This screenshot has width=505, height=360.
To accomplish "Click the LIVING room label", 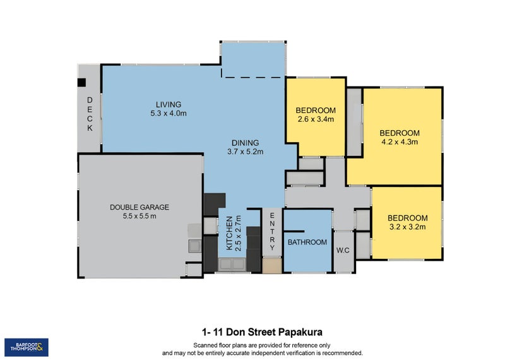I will pyautogui.click(x=169, y=104).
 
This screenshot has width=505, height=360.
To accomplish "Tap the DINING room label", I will pyautogui.click(x=245, y=142).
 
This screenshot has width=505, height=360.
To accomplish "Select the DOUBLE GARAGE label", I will pyautogui.click(x=139, y=207).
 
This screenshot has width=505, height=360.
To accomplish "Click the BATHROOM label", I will pyautogui.click(x=307, y=242).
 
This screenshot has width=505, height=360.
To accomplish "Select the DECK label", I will pyautogui.click(x=90, y=114).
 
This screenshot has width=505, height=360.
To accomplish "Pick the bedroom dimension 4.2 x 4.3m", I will pyautogui.click(x=399, y=141).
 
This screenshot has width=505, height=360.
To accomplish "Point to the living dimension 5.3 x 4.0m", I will pyautogui.click(x=169, y=113).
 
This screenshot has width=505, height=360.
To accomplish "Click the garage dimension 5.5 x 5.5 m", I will pyautogui.click(x=140, y=216).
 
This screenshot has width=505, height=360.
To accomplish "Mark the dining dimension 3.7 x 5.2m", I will pyautogui.click(x=245, y=151).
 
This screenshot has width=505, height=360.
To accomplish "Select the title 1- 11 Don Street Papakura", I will pyautogui.click(x=263, y=332).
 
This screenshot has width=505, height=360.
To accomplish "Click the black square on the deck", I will pyautogui.click(x=81, y=81).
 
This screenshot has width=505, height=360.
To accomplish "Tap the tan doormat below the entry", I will pyautogui.click(x=272, y=266).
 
